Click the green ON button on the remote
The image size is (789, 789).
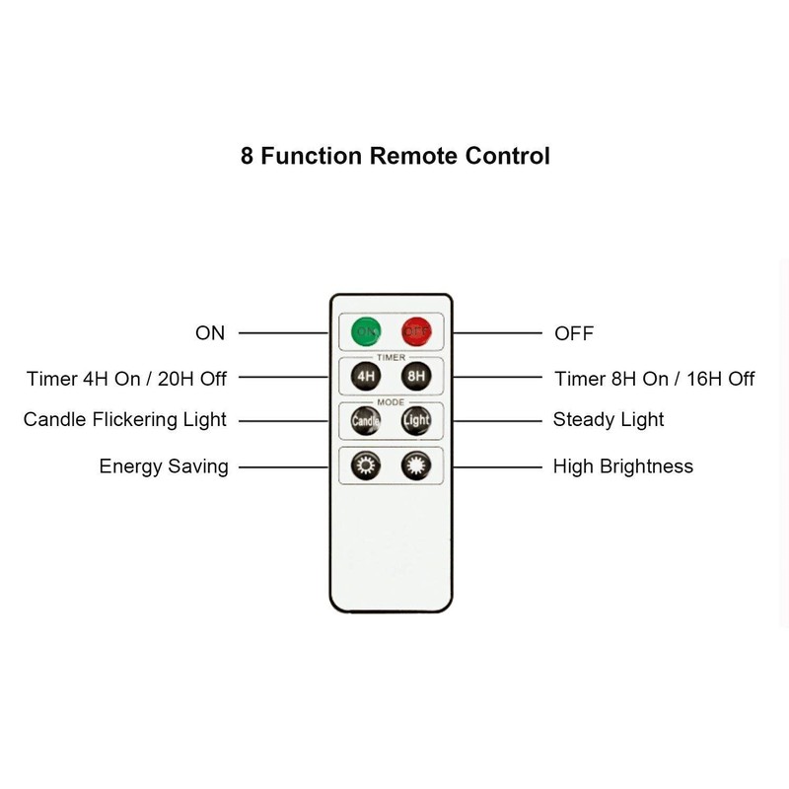tap(367, 332)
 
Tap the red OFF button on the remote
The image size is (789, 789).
tap(415, 332)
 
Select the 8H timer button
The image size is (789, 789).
tap(415, 376)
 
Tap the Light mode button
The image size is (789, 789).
tap(415, 420)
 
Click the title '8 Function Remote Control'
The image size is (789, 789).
tap(394, 156)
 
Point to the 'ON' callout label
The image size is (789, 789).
tap(210, 333)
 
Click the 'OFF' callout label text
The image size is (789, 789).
tap(574, 333)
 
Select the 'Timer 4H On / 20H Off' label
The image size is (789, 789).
tap(127, 378)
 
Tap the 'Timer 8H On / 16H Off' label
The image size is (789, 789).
tap(655, 378)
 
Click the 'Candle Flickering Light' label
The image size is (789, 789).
tap(125, 420)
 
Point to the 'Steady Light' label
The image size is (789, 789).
tap(609, 420)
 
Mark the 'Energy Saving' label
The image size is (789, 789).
tap(164, 466)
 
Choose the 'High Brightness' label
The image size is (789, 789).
tap(623, 466)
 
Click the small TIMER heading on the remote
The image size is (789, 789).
tap(391, 357)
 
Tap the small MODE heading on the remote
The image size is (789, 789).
tap(391, 401)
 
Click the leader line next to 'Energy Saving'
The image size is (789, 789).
tap(283, 466)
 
